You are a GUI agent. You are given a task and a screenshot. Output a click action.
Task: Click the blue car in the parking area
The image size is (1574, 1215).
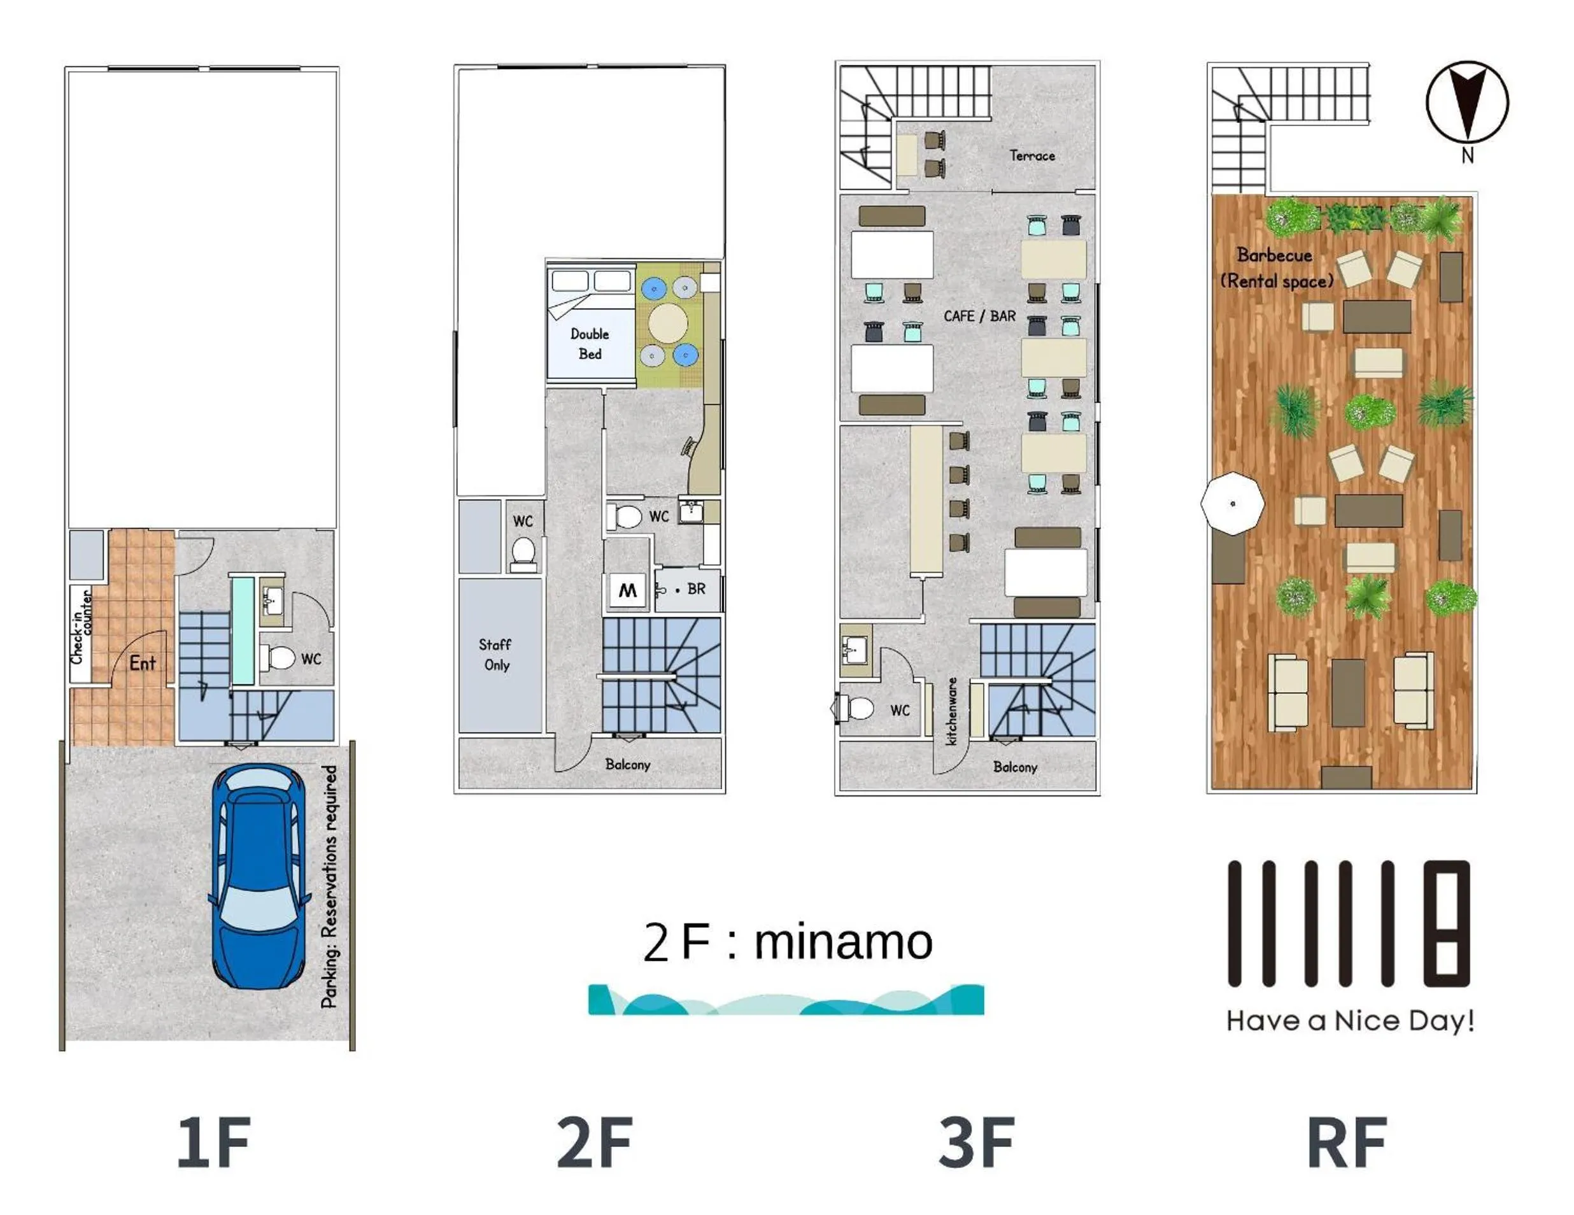[x=257, y=876]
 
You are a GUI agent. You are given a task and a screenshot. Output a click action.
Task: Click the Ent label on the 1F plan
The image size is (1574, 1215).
[x=142, y=663]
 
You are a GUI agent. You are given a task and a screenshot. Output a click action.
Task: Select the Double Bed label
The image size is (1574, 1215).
[x=590, y=344]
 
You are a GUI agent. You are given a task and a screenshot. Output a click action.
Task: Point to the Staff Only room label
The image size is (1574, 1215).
[x=496, y=655]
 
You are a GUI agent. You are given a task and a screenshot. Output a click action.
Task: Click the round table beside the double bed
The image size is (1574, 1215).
[x=668, y=322]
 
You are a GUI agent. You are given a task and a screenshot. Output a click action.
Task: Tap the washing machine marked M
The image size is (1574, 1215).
[x=627, y=591]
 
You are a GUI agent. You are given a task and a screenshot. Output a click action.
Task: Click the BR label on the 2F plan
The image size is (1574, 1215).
[x=696, y=589]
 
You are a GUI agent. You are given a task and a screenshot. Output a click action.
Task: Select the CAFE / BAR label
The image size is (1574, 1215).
[x=979, y=316]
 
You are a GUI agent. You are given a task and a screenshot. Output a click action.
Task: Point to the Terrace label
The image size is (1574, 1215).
[x=1032, y=155]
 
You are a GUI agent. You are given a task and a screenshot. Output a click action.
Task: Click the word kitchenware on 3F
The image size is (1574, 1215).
[x=951, y=711]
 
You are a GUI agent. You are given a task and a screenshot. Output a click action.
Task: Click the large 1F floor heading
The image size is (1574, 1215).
[x=214, y=1142]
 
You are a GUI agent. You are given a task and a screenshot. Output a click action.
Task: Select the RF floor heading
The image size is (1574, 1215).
[x=1346, y=1142]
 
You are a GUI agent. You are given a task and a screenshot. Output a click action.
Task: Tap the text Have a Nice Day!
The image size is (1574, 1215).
[x=1350, y=1020]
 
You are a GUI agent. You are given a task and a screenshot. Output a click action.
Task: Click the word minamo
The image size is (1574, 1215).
[x=843, y=942]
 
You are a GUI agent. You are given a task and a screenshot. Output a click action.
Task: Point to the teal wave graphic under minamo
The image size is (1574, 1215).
[x=786, y=1000]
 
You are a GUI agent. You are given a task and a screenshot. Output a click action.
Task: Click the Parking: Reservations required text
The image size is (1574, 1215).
[x=329, y=886]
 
